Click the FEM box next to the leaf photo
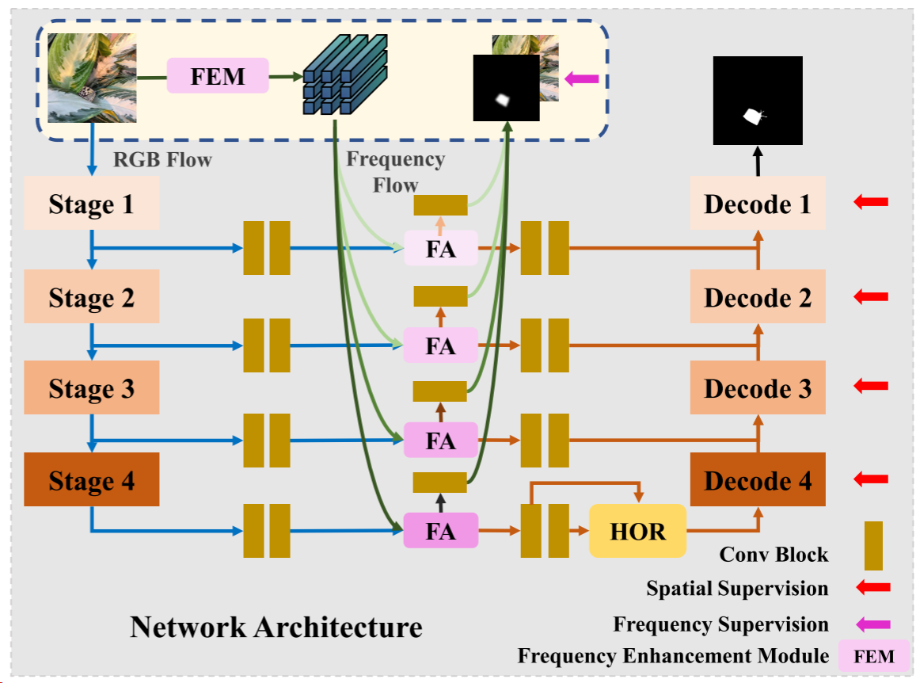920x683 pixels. click(x=218, y=76)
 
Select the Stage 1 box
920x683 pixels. click(x=92, y=204)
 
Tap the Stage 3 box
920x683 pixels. click(x=92, y=388)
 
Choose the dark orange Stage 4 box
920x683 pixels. click(x=92, y=480)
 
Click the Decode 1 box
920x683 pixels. click(x=758, y=204)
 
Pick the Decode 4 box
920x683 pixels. click(x=758, y=480)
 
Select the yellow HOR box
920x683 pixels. click(x=637, y=531)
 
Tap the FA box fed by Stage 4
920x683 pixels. click(x=441, y=530)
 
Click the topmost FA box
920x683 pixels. click(x=441, y=248)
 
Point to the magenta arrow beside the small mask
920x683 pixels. click(x=582, y=78)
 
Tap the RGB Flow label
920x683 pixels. click(x=162, y=159)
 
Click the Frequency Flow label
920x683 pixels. click(x=395, y=172)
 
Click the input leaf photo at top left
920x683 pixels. click(x=92, y=77)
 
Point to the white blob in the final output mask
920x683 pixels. click(x=752, y=116)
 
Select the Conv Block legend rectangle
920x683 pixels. click(x=873, y=545)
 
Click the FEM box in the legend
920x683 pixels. click(x=875, y=656)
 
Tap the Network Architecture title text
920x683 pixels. click(x=276, y=627)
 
